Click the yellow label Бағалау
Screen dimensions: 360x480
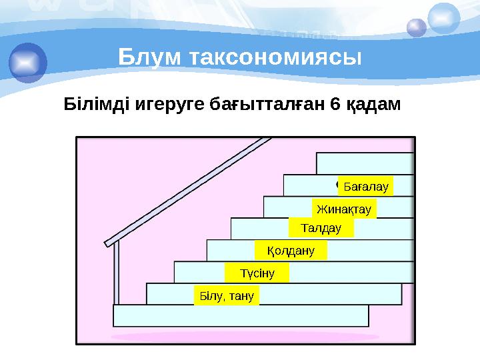coord(365,186)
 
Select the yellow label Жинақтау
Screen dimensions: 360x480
coord(344,209)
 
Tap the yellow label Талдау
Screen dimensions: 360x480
coord(321,229)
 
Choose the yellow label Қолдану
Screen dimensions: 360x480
coord(292,251)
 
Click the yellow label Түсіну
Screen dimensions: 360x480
coord(257,273)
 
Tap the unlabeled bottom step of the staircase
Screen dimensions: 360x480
coord(240,315)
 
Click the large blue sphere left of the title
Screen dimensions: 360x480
coord(28,61)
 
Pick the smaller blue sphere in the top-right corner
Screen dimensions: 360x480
coord(417,27)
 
